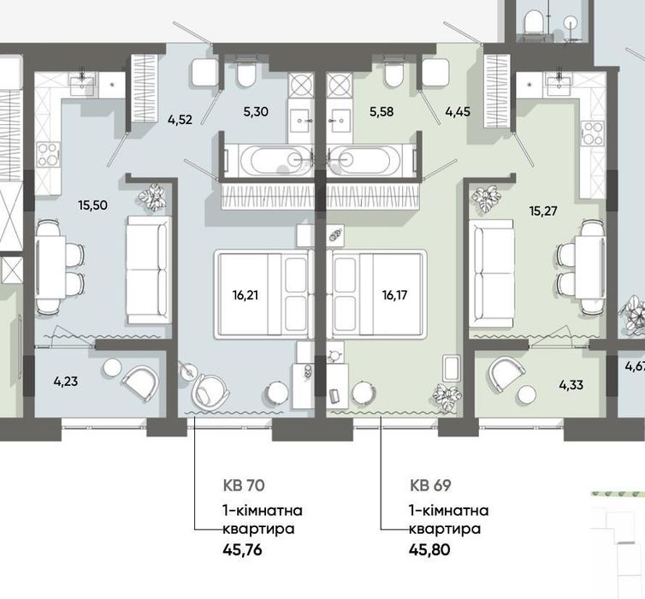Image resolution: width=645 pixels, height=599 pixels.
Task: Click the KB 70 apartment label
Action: tap(244, 485)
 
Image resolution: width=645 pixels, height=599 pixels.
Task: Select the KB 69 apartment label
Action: tap(430, 485)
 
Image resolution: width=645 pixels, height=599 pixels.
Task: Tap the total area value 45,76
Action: tap(242, 549)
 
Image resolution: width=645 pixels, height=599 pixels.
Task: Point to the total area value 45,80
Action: tap(429, 549)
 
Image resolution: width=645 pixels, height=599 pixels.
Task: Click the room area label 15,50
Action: tap(93, 205)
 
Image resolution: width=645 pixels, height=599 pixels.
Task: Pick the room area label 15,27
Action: tap(543, 211)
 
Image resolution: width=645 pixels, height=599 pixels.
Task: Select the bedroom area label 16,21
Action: tap(246, 295)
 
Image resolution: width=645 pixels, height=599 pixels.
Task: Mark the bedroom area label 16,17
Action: tap(395, 295)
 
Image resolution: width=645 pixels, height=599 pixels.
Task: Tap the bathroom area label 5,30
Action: tap(256, 111)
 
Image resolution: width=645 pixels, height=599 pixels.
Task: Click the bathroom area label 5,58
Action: tap(382, 111)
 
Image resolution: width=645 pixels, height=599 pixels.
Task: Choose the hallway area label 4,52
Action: tap(180, 120)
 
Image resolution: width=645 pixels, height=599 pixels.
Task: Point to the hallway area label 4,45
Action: tap(458, 111)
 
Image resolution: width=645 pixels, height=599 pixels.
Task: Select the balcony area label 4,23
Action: tap(65, 382)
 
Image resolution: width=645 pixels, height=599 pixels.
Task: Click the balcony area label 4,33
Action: tap(571, 385)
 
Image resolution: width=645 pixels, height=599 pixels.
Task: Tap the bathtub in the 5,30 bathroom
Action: tap(270, 160)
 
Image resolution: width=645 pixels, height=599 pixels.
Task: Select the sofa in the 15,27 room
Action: tap(491, 274)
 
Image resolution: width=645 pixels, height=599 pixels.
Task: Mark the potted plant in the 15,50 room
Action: tap(152, 197)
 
